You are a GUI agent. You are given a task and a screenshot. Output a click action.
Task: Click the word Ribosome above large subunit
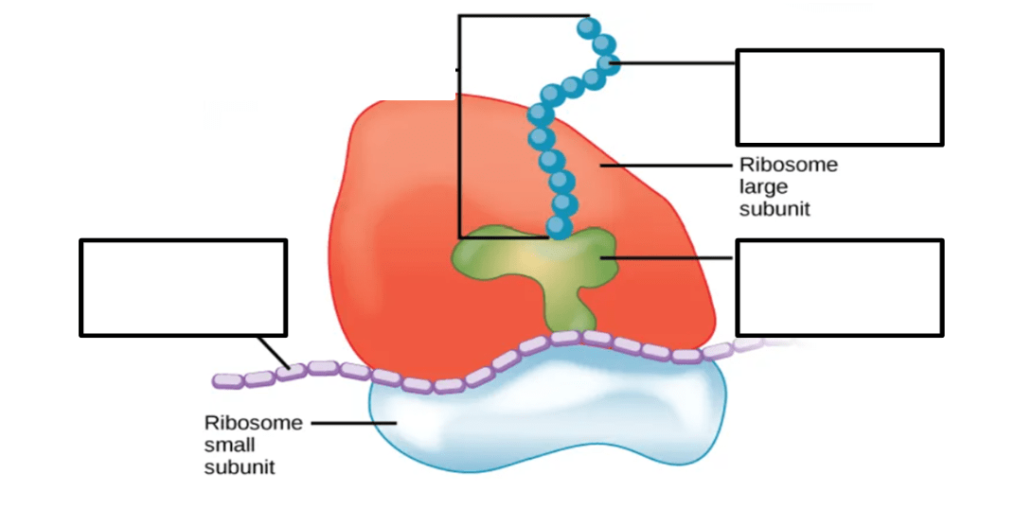[788, 165]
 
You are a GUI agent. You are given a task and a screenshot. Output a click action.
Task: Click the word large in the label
[763, 187]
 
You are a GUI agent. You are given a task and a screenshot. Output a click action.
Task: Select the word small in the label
[229, 445]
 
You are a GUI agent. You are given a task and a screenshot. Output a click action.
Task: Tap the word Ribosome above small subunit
[254, 423]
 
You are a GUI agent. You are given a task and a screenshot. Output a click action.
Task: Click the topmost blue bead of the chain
[588, 27]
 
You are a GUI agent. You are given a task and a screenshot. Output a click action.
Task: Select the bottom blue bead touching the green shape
[558, 227]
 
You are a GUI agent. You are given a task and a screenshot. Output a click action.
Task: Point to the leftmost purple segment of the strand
[228, 380]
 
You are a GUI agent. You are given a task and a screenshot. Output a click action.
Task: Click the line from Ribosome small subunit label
[354, 423]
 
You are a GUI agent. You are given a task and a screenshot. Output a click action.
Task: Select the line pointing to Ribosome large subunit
[666, 166]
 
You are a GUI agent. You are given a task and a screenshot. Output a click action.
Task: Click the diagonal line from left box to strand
[274, 352]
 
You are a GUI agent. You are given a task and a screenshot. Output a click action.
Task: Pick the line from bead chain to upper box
[673, 63]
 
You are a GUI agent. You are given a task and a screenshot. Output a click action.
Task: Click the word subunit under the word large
[775, 209]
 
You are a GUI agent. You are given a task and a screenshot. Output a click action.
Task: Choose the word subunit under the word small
[240, 467]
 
